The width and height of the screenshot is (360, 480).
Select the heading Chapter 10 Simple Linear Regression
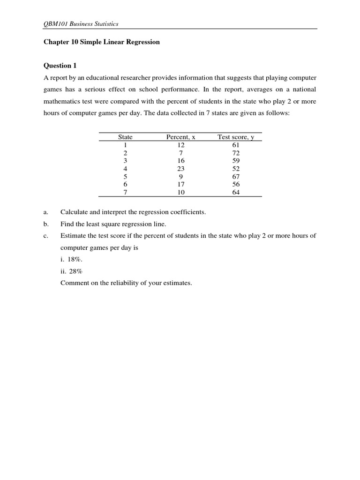click(102, 42)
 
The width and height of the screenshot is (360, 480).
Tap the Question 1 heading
click(60, 66)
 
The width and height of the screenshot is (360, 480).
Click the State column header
click(125, 137)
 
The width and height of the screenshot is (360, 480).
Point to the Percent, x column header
click(180, 137)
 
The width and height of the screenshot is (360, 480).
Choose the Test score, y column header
click(235, 137)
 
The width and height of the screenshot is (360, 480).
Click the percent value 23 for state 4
click(181, 168)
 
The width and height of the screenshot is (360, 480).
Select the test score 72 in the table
click(236, 153)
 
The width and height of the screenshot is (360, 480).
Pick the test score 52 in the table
click(236, 168)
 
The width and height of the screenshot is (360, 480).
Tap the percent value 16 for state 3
click(181, 161)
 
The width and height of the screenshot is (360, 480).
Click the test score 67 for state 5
click(236, 176)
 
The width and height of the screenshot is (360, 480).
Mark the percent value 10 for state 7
click(181, 192)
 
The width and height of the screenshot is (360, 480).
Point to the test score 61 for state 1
click(236, 145)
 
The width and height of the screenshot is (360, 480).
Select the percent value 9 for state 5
click(181, 176)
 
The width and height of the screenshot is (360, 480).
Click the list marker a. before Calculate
click(46, 212)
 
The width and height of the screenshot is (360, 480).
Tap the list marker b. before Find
click(46, 224)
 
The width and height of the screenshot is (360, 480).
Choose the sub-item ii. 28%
click(71, 271)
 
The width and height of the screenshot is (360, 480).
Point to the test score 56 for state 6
click(236, 184)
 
